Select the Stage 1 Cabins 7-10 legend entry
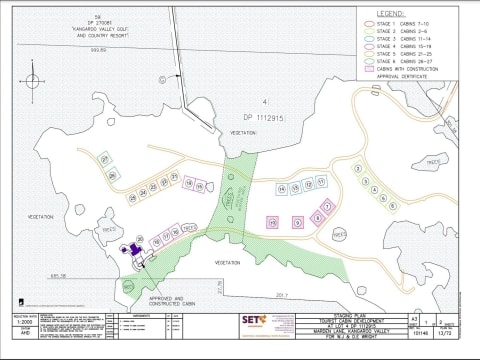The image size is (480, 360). pos(411,22)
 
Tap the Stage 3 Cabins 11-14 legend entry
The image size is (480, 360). pos(411,37)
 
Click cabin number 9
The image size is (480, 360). pos(298,222)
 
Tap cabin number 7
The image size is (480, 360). pos(326,208)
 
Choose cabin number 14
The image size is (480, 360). pos(283,188)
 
